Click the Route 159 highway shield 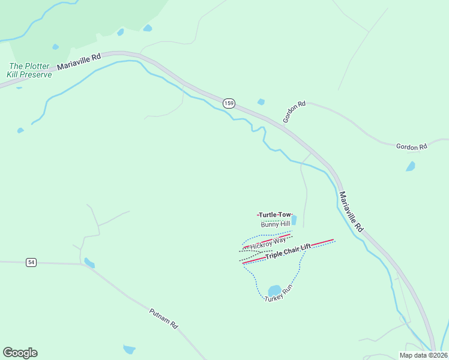229,103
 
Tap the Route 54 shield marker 32,262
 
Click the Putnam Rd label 164,319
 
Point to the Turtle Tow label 275,214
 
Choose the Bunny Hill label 276,224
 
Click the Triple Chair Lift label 288,251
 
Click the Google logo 20,353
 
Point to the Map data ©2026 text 424,355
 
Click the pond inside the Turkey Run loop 274,291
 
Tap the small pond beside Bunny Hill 294,220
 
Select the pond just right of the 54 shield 89,263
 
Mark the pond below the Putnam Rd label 129,349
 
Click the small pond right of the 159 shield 261,102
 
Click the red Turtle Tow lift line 258,215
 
